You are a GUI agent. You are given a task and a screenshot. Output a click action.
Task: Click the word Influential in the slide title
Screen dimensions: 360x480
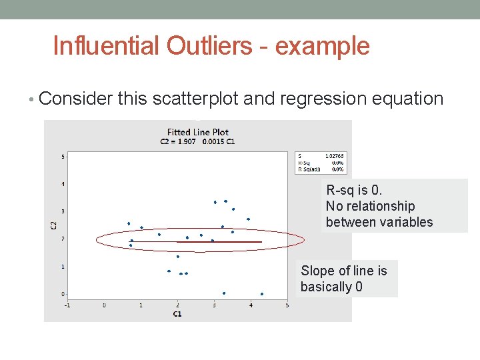pos(106,46)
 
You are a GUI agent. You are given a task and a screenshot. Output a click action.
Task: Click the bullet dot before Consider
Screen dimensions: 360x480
pos(33,99)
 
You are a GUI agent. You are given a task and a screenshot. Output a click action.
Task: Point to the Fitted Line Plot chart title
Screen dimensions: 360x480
pos(197,132)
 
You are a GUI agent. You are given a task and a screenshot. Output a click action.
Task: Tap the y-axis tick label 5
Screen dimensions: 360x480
pos(63,157)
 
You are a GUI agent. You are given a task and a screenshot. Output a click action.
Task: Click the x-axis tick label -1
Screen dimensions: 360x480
pos(68,305)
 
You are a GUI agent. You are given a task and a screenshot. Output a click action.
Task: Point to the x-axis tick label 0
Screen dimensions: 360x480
pos(105,305)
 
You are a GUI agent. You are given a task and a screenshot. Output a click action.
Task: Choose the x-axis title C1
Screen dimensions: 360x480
pos(177,313)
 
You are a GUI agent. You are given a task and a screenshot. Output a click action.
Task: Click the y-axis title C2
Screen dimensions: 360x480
pos(53,225)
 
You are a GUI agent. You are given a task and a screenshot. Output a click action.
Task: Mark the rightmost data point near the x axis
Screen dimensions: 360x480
pos(262,294)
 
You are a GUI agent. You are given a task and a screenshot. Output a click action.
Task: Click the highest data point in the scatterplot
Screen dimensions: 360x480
pos(225,201)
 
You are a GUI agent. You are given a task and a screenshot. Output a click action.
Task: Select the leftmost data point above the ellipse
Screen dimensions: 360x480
pos(129,223)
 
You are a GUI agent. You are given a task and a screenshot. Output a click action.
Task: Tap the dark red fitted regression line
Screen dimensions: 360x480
pos(220,241)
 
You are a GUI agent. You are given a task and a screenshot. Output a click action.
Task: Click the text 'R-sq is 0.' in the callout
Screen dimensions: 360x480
pos(354,191)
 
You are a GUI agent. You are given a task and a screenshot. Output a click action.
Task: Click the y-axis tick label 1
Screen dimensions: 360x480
pos(63,267)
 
